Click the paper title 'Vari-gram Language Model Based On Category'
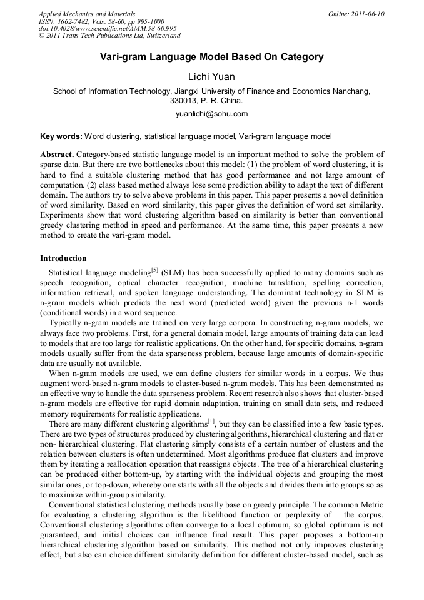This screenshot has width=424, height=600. [211, 57]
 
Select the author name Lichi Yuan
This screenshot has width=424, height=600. [211, 77]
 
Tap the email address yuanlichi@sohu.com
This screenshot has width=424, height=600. [211, 114]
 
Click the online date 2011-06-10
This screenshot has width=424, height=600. [365, 14]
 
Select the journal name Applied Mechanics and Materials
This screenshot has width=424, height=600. [86, 14]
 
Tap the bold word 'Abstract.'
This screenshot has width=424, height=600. [57, 154]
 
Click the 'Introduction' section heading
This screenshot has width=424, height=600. [63, 258]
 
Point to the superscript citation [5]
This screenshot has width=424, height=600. [155, 270]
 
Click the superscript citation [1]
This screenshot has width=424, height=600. [211, 422]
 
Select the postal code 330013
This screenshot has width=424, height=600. [184, 100]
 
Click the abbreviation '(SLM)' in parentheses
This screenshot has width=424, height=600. [172, 273]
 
